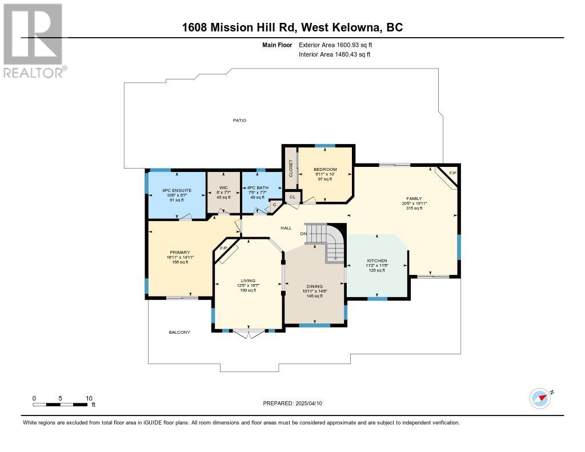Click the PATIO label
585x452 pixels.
pyautogui.click(x=239, y=121)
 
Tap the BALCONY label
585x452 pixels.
pyautogui.click(x=179, y=332)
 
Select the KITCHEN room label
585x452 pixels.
pyautogui.click(x=377, y=261)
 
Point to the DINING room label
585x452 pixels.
pyautogui.click(x=315, y=286)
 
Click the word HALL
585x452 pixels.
pyautogui.click(x=286, y=228)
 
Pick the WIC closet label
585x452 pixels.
pyautogui.click(x=223, y=188)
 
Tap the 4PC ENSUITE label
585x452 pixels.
pyautogui.click(x=177, y=190)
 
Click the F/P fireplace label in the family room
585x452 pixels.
pyautogui.click(x=452, y=173)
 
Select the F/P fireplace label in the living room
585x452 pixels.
pyautogui.click(x=223, y=249)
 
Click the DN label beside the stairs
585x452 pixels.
pyautogui.click(x=303, y=234)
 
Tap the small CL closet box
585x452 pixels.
pyautogui.click(x=292, y=197)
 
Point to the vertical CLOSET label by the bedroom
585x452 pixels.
pyautogui.click(x=291, y=169)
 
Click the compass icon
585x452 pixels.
pyautogui.click(x=540, y=399)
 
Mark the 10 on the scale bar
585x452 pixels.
pyautogui.click(x=89, y=398)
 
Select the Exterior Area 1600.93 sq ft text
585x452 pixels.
pyautogui.click(x=335, y=45)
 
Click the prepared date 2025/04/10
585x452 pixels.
pyautogui.click(x=308, y=403)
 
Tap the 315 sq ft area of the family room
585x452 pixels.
pyautogui.click(x=414, y=208)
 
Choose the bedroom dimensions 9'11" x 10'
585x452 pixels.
pyautogui.click(x=325, y=174)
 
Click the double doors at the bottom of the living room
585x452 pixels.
pyautogui.click(x=249, y=333)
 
